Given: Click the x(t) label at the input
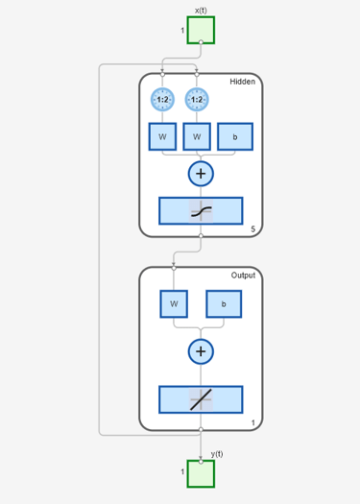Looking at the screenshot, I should point(201,10).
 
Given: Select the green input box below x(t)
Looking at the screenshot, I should point(201,30).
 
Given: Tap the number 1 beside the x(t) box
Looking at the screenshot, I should point(182,31).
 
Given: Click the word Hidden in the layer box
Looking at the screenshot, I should point(242,83).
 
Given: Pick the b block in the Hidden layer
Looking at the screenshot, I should point(235,137).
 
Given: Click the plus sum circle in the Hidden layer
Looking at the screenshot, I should point(201,174).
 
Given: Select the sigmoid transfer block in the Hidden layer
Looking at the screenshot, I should point(201,210).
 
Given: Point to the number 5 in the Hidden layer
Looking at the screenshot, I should point(252,229).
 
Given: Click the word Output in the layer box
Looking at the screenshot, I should point(243,276).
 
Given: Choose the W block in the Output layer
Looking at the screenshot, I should point(174,303).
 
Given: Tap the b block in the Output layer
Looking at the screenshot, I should point(224,303).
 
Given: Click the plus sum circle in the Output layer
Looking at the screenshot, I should point(201,351).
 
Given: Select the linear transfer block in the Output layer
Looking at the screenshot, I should point(201,398).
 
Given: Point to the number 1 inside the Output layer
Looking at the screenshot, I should point(252,422).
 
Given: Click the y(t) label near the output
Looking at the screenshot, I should point(217,454).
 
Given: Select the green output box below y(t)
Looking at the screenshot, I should point(201,473).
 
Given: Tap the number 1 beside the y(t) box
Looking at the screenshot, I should point(182,472).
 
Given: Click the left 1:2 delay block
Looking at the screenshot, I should point(162,99).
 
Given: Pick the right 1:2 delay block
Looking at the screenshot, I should point(197,99).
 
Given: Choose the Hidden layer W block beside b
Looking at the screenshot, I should point(197,137).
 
